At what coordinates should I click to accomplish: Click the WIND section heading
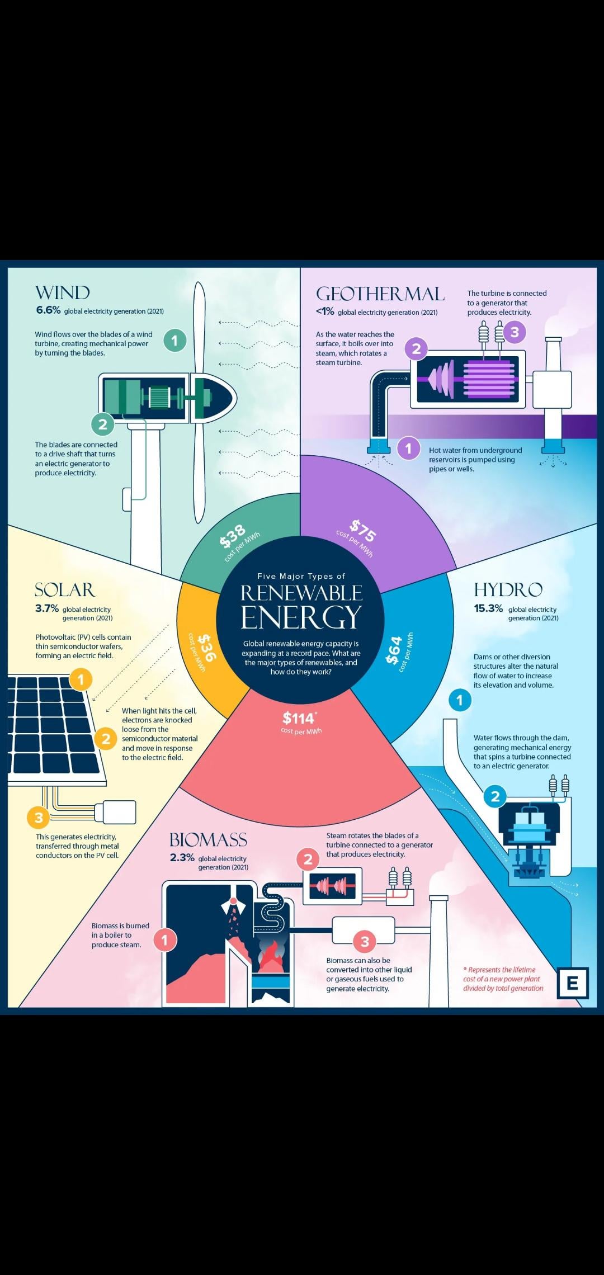[62, 292]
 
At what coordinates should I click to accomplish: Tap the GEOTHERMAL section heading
[380, 294]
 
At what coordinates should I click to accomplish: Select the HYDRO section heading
[508, 589]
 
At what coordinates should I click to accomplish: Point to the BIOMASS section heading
[208, 839]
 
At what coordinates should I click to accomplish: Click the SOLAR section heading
[65, 589]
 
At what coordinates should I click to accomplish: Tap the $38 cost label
[233, 536]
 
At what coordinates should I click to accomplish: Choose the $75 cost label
[363, 531]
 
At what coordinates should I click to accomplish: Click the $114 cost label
[299, 717]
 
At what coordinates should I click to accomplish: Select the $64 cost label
[394, 650]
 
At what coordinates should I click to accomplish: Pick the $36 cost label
[206, 648]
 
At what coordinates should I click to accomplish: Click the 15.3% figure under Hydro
[488, 608]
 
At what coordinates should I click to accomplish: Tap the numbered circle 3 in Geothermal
[515, 332]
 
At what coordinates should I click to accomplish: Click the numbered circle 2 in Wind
[102, 424]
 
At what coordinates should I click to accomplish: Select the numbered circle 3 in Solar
[39, 818]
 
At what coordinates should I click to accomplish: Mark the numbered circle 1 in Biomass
[164, 940]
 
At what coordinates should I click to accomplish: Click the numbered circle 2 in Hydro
[495, 796]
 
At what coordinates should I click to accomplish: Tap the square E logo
[572, 983]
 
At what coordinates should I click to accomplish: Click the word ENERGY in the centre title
[301, 617]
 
